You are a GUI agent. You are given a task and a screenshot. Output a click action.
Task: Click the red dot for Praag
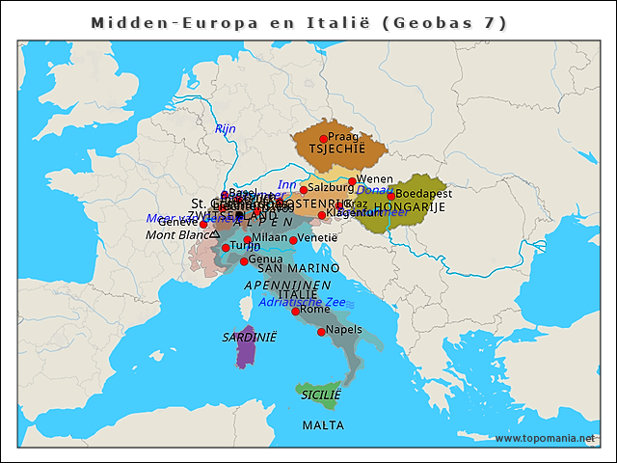click(x=323, y=139)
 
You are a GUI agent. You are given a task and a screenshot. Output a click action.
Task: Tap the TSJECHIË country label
click(x=337, y=150)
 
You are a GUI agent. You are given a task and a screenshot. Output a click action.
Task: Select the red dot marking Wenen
click(x=353, y=181)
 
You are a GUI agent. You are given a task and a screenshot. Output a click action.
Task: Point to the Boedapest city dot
click(x=390, y=196)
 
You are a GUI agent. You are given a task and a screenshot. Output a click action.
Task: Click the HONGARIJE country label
click(x=411, y=207)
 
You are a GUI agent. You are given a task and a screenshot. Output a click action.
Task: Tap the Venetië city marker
click(x=293, y=240)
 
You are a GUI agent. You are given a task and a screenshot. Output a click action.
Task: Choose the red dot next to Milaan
click(x=247, y=239)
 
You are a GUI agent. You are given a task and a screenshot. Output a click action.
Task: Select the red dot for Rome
click(x=296, y=312)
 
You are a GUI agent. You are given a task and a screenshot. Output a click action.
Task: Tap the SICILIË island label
click(x=321, y=395)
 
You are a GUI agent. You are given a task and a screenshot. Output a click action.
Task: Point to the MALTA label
click(x=323, y=424)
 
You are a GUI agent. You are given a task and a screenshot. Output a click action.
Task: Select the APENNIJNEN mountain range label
click(x=287, y=286)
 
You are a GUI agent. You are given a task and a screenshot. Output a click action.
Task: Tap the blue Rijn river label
click(x=226, y=128)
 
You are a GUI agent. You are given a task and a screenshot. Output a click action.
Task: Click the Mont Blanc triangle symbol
click(x=215, y=233)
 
